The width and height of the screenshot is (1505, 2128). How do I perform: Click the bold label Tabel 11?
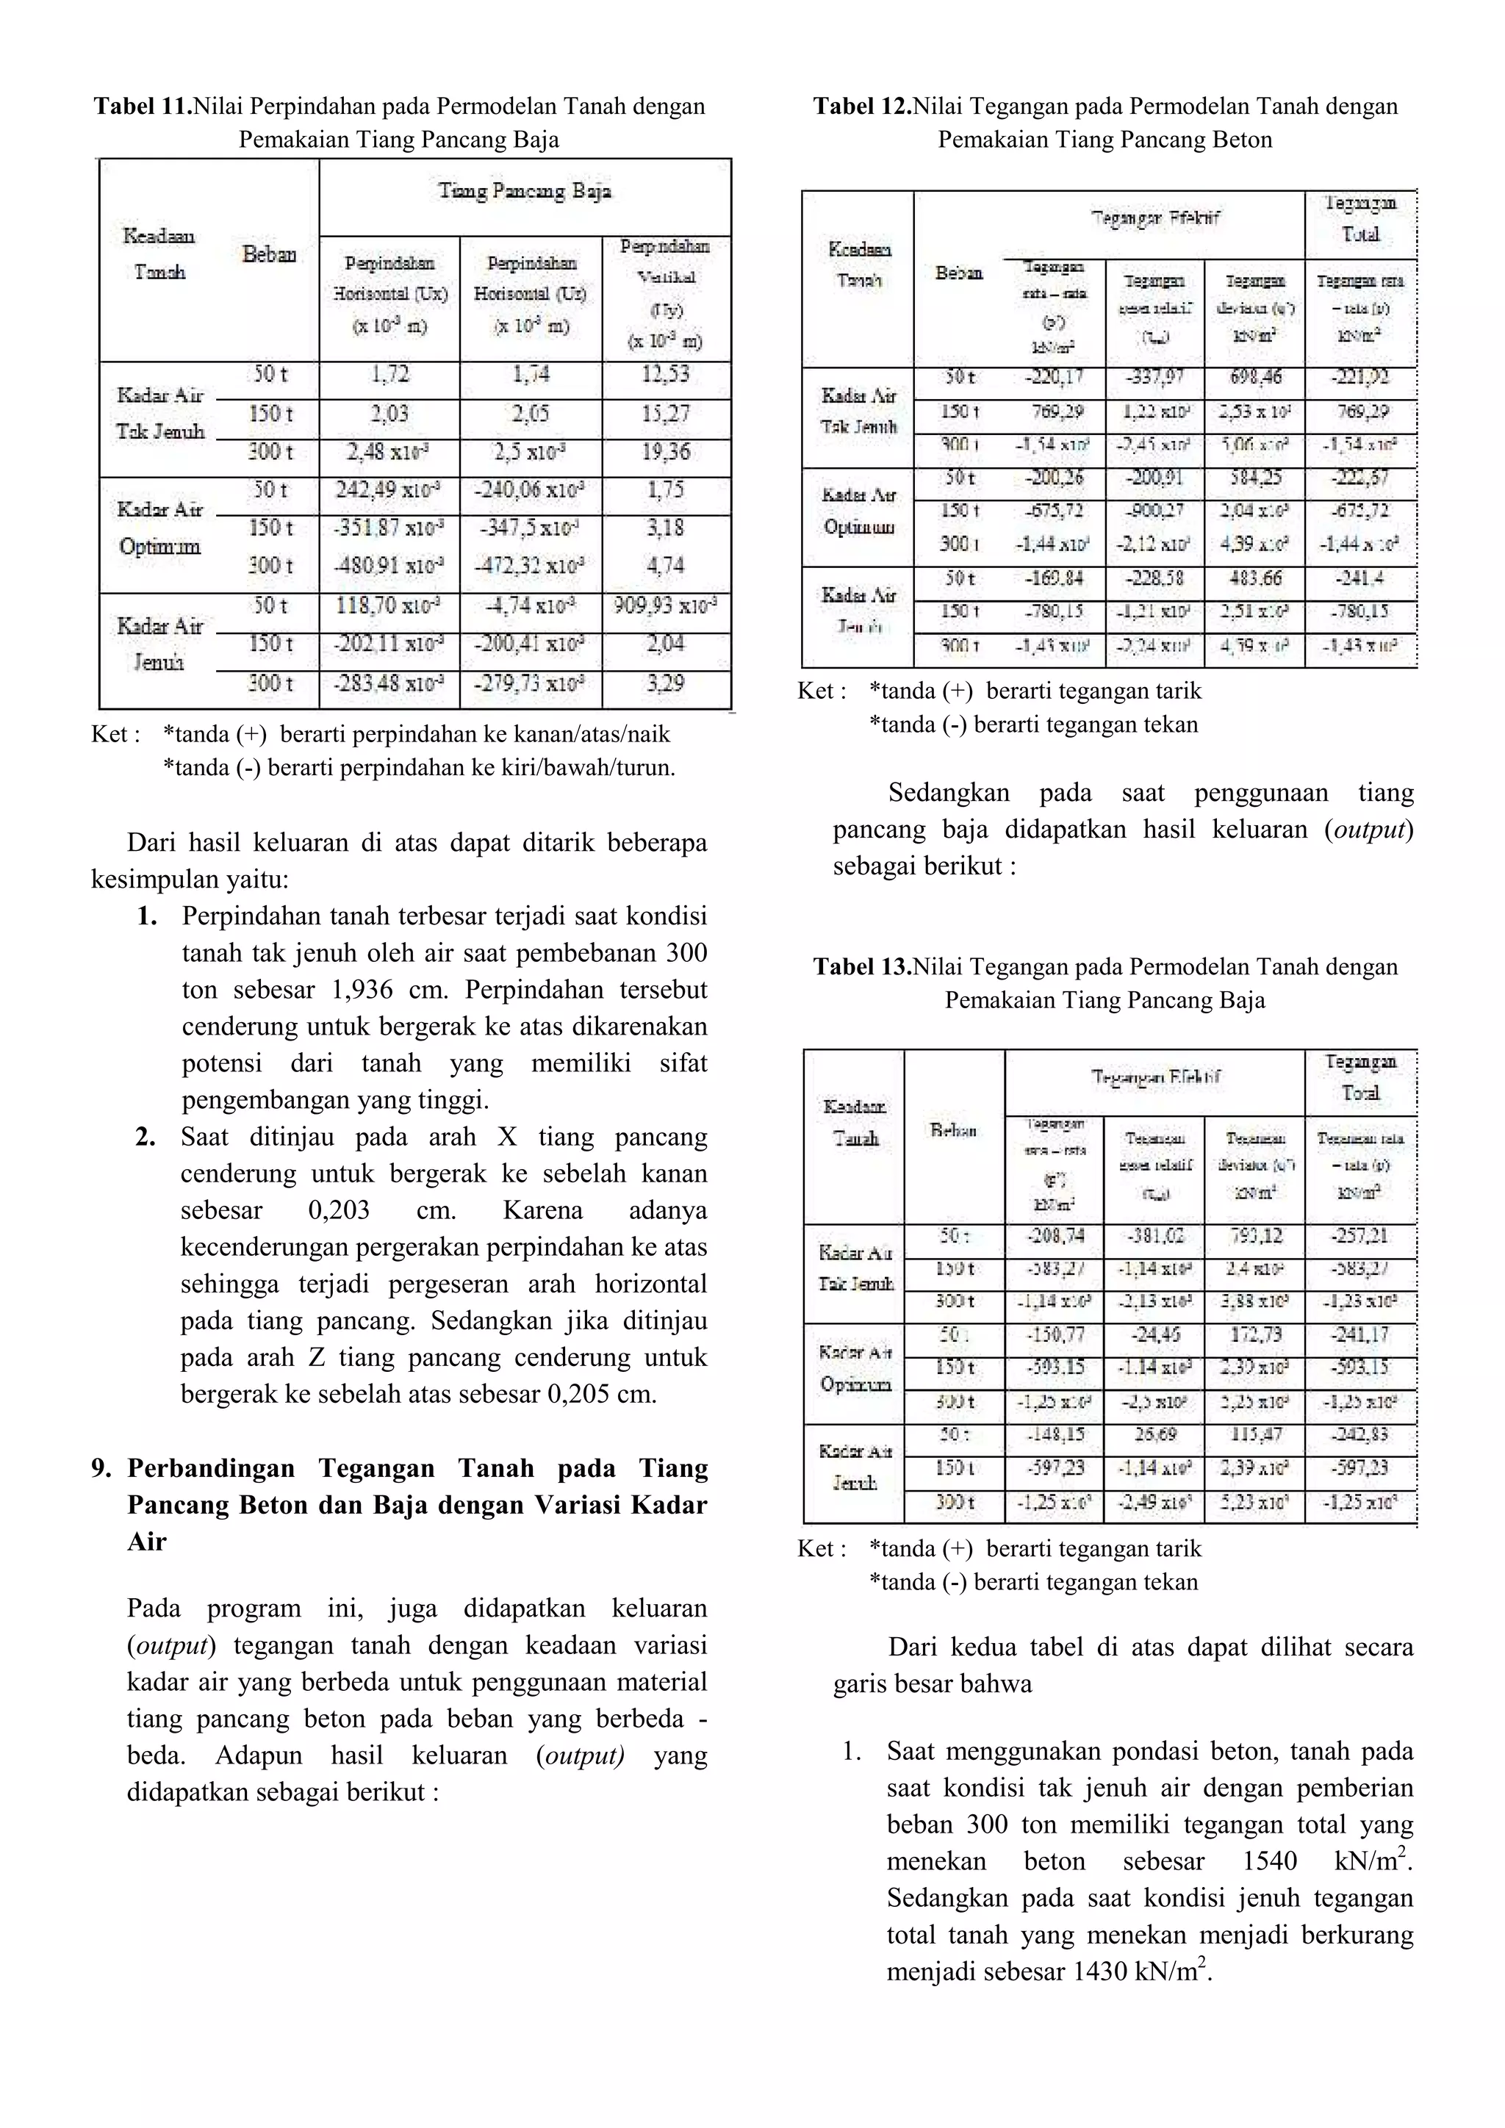point(142,107)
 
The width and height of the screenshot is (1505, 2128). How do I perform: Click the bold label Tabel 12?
point(862,107)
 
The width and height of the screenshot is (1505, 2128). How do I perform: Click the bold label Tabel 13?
point(862,967)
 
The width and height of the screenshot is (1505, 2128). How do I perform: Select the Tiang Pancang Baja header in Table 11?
point(525,192)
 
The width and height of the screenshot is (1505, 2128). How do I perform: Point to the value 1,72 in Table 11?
point(389,375)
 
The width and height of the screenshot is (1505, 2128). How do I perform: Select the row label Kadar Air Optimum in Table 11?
point(159,528)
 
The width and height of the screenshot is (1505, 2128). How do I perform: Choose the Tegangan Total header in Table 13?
point(1359,1077)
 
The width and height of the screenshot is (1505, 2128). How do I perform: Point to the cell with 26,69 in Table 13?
point(1154,1435)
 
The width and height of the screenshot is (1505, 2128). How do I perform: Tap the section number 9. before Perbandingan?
point(102,1468)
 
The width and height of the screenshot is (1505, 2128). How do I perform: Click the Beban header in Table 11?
point(270,254)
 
